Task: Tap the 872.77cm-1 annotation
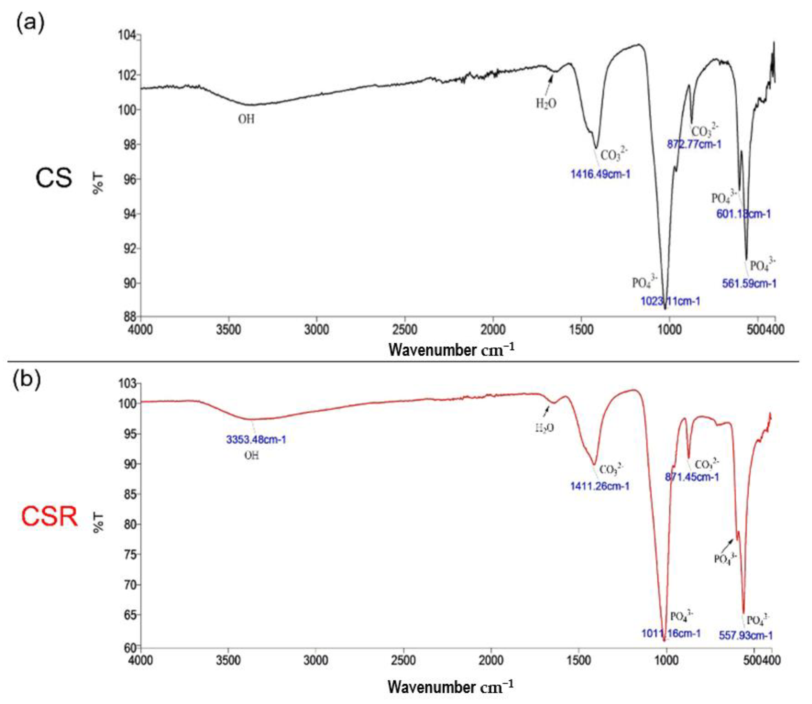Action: point(694,144)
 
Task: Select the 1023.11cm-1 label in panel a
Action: point(670,301)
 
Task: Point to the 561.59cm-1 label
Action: point(749,283)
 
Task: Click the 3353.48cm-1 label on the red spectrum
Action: point(256,439)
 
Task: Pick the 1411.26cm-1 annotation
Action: point(600,486)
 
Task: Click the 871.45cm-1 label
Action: point(692,477)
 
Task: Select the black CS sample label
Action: point(54,177)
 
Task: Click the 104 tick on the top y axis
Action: point(127,35)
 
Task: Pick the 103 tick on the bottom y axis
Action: point(127,383)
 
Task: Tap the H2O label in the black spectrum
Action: point(546,104)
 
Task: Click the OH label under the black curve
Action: point(247,119)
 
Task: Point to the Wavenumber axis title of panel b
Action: point(450,686)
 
